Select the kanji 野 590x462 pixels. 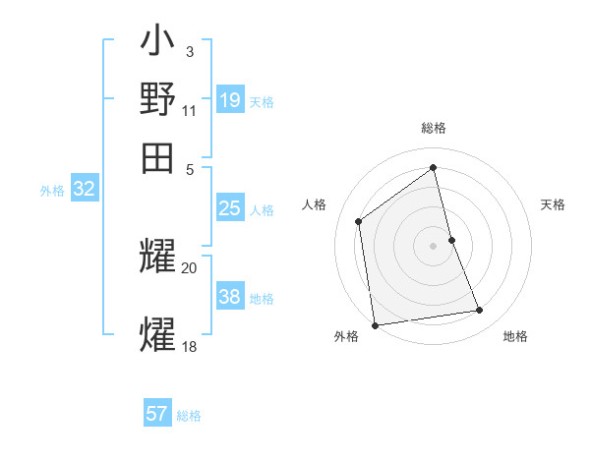click(x=158, y=99)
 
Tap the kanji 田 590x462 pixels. click(x=158, y=156)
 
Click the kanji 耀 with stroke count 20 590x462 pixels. click(x=158, y=257)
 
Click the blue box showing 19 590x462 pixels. click(x=230, y=100)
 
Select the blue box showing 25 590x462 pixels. click(x=230, y=208)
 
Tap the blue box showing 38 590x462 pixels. click(x=230, y=297)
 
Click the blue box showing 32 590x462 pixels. click(x=84, y=190)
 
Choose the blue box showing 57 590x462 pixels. click(x=157, y=414)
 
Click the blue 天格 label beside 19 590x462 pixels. click(x=262, y=102)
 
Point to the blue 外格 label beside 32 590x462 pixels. click(x=51, y=191)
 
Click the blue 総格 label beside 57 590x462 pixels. click(x=189, y=416)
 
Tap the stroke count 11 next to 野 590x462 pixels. click(x=190, y=112)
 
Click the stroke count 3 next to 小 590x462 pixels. click(x=189, y=50)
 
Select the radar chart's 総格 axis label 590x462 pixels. click(x=433, y=128)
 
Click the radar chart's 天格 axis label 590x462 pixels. click(x=553, y=204)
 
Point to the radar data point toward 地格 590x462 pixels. click(x=480, y=311)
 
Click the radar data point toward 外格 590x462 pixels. click(x=375, y=325)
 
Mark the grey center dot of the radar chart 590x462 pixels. click(x=433, y=246)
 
